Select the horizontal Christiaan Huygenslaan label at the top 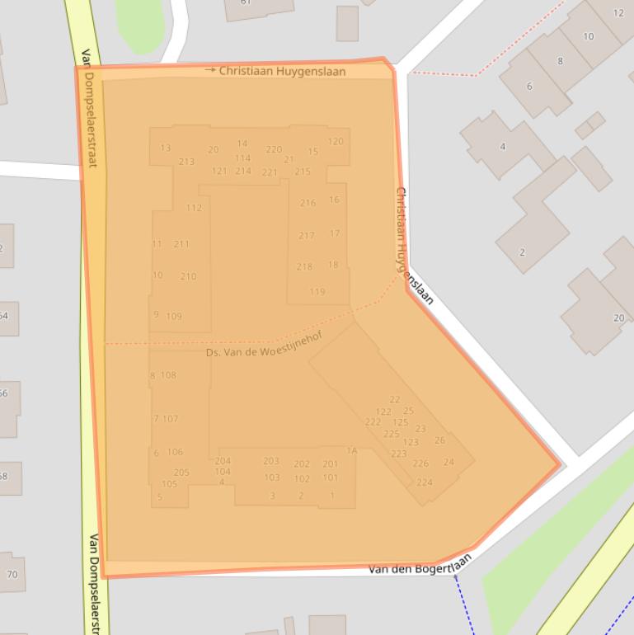click(x=282, y=72)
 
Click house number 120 click(x=335, y=142)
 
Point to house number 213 click(x=186, y=162)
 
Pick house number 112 click(x=194, y=208)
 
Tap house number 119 click(x=317, y=292)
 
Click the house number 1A click(x=352, y=450)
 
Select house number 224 click(x=425, y=482)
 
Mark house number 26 click(x=439, y=440)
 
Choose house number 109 click(x=174, y=317)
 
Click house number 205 click(x=181, y=473)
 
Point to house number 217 click(x=307, y=236)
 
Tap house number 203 click(x=271, y=462)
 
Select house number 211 click(x=181, y=244)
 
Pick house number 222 click(x=373, y=422)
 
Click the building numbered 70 click(x=12, y=575)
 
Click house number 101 click(x=330, y=477)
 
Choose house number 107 click(x=170, y=419)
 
